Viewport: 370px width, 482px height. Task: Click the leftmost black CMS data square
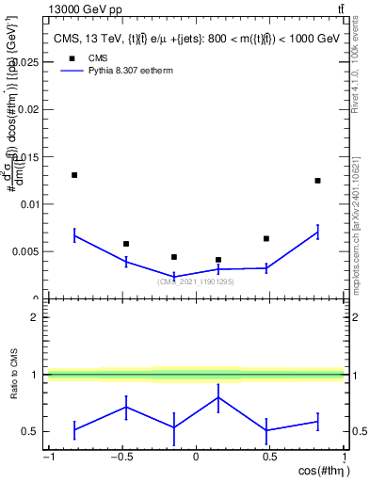pos(74,175)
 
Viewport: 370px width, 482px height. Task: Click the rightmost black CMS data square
pos(317,181)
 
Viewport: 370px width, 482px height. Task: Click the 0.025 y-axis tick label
pos(25,62)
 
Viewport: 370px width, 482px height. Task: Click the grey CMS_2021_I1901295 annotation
pos(195,281)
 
